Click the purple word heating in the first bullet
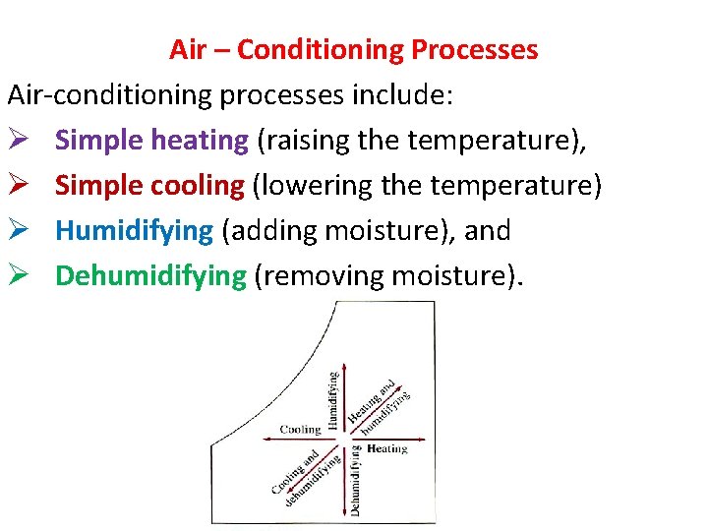tap(201, 141)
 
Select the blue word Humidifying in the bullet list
tap(134, 231)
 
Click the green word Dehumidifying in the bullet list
tap(150, 276)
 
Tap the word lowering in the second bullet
tap(311, 186)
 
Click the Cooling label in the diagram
tap(300, 430)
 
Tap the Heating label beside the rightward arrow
tap(386, 449)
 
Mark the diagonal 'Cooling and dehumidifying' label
tap(305, 476)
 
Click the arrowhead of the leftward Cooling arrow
tap(264, 439)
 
